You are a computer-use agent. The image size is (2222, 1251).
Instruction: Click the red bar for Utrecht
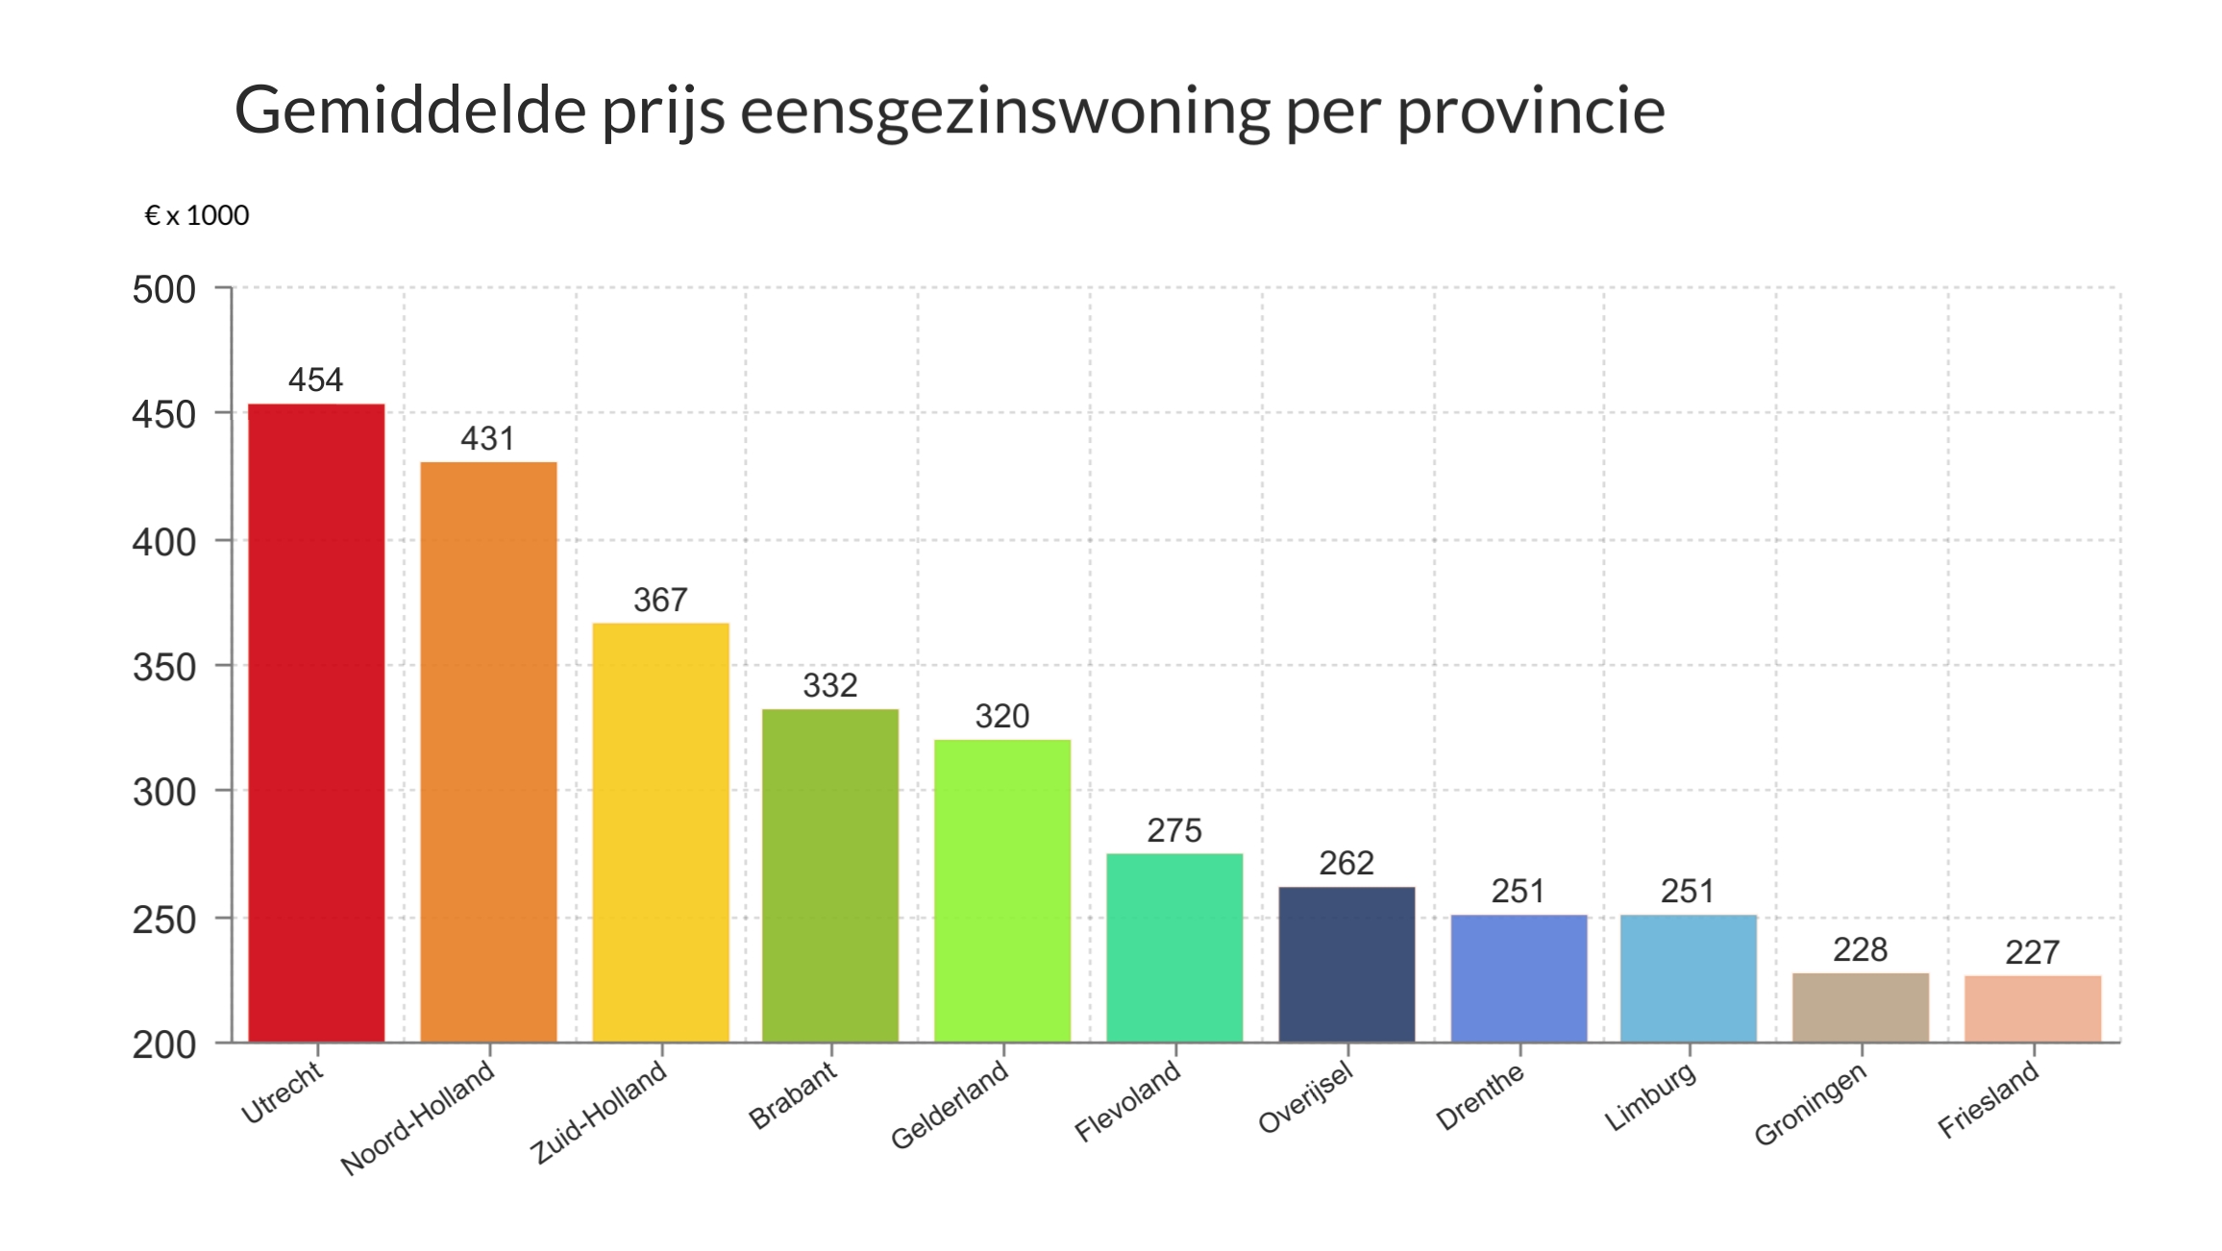coord(316,723)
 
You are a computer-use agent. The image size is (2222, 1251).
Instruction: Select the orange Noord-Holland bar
coord(488,751)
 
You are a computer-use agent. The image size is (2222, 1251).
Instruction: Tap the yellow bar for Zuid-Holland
coord(660,832)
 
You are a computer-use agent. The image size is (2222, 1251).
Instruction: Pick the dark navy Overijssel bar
coord(1346,964)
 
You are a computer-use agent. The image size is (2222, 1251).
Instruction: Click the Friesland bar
coord(2033,1008)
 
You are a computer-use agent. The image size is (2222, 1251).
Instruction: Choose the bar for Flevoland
coord(1174,947)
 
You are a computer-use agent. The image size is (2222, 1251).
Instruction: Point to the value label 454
coord(315,380)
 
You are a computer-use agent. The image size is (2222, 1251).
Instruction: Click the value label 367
coord(660,601)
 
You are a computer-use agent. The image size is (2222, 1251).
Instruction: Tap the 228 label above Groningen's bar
coord(1860,950)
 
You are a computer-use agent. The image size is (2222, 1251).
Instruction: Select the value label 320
coord(1001,717)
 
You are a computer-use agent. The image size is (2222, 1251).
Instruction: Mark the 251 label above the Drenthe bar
coord(1518,892)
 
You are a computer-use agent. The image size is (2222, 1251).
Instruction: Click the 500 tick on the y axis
coord(164,290)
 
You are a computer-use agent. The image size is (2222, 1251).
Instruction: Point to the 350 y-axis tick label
coord(164,668)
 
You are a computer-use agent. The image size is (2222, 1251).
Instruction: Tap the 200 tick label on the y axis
coord(164,1045)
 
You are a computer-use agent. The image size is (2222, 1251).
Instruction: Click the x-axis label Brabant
coord(793,1096)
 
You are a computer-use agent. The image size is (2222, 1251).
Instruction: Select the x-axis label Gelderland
coord(950,1105)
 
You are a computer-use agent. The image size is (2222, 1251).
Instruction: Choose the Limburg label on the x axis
coord(1649,1097)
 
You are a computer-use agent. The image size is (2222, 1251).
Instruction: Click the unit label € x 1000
coord(196,216)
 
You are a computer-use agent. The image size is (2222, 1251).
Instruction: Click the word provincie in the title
coord(1530,110)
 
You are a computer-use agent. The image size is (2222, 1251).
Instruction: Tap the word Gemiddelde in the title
coord(410,110)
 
